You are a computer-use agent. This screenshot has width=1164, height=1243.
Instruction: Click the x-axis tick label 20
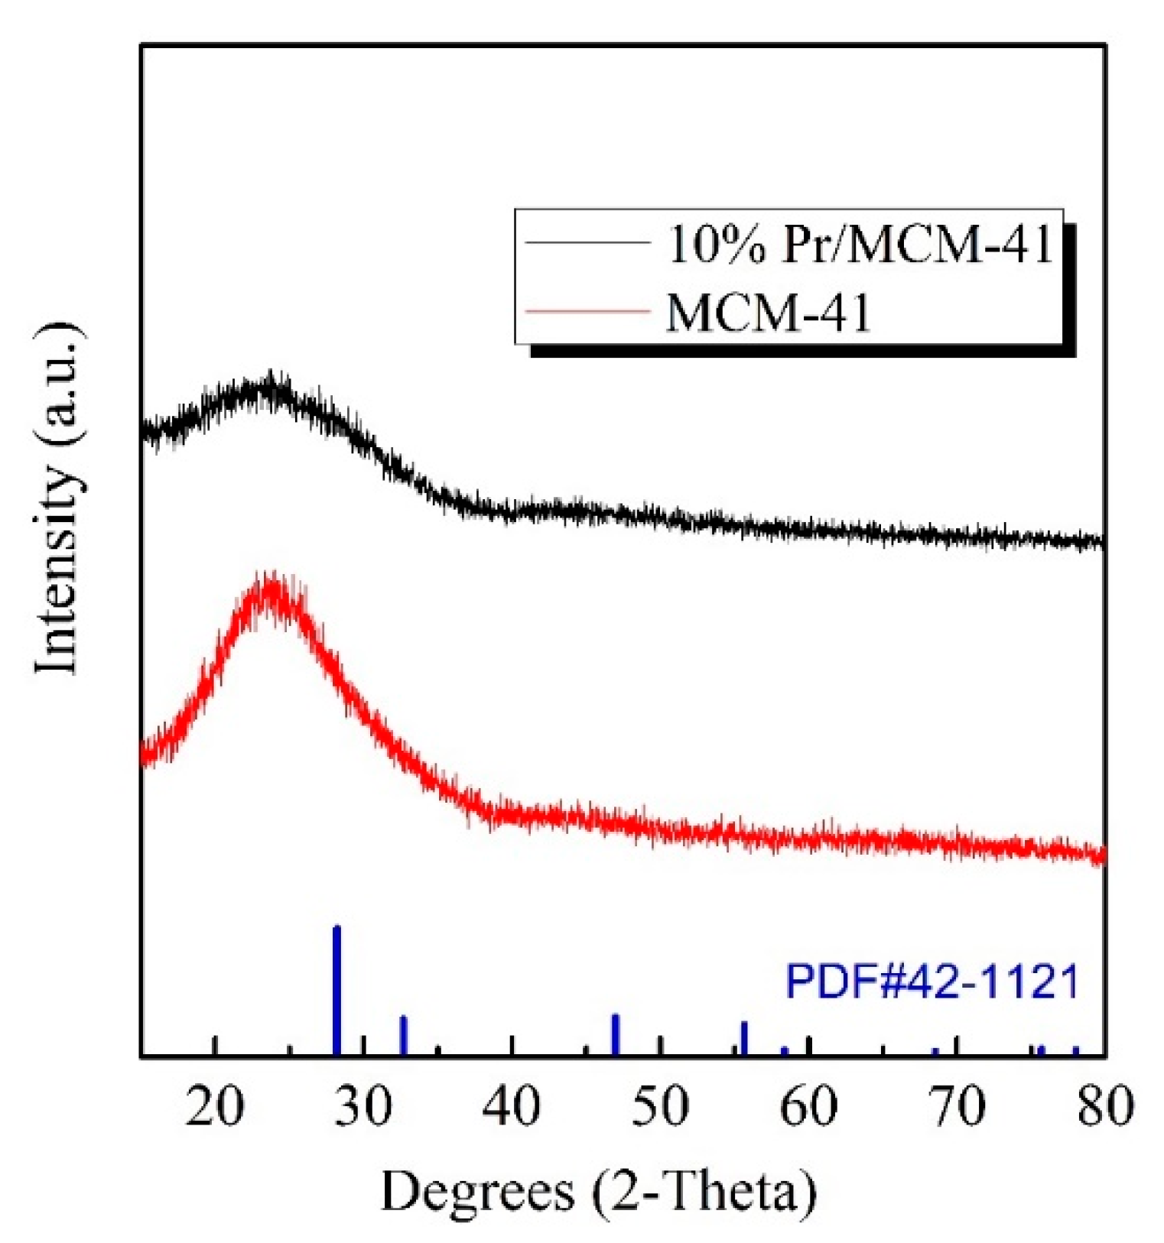[216, 1106]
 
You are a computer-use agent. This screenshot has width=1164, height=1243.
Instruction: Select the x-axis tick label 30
[363, 1106]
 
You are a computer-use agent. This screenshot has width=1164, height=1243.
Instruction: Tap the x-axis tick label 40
[512, 1106]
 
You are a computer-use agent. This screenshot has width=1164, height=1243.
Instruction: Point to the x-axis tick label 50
[660, 1106]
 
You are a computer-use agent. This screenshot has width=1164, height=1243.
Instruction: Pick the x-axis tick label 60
[808, 1106]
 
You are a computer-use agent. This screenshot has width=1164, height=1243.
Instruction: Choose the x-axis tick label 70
[957, 1106]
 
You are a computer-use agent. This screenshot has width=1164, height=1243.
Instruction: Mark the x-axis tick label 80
[1104, 1106]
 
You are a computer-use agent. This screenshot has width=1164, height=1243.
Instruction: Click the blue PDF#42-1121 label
[932, 982]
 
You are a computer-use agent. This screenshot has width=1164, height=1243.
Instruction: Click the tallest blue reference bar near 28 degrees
[337, 990]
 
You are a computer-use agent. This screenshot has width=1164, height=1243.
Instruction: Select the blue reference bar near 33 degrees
[404, 1036]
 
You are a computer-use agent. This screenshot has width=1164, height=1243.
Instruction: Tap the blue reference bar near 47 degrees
[615, 1035]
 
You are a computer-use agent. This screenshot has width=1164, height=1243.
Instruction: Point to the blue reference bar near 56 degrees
[743, 1038]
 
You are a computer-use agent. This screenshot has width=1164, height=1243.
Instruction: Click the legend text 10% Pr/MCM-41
[861, 245]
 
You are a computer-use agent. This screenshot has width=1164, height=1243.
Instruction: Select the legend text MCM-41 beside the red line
[768, 313]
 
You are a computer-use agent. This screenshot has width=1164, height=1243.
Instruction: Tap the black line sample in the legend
[587, 244]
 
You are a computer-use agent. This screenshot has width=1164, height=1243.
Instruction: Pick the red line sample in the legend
[587, 312]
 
